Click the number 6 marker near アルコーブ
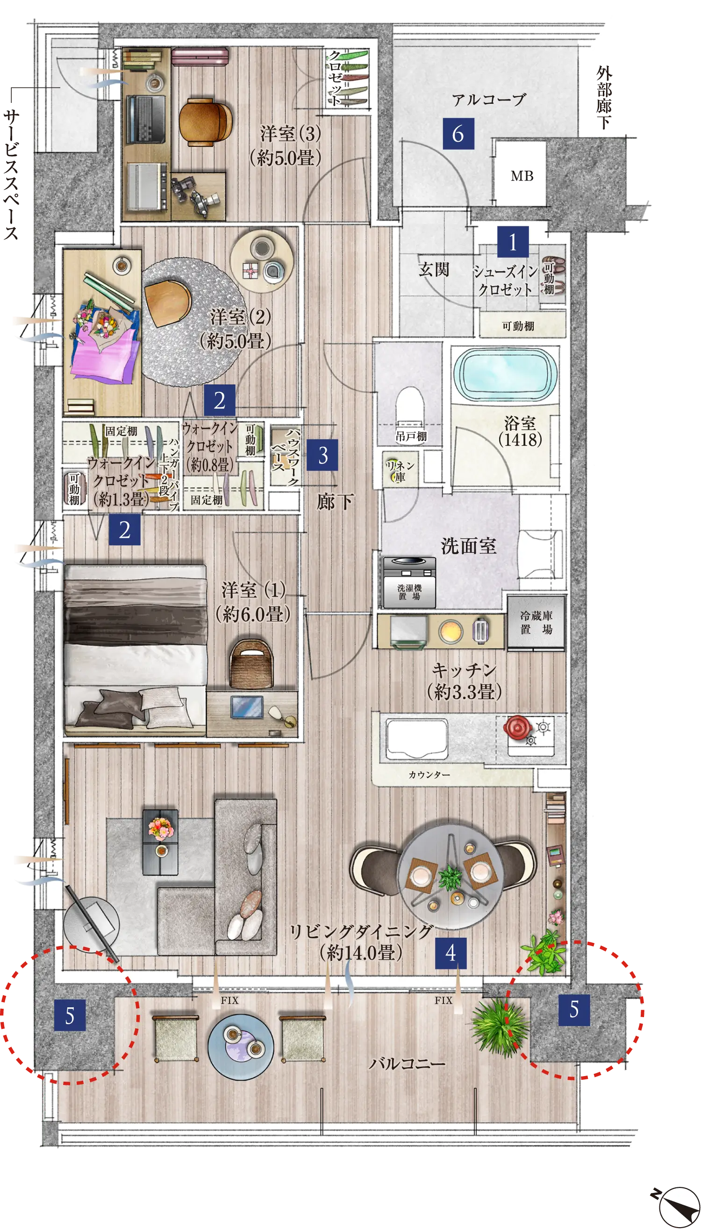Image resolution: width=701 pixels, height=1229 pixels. click(458, 133)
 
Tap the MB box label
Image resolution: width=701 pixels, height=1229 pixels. click(522, 176)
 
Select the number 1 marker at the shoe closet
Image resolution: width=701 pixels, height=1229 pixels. click(513, 242)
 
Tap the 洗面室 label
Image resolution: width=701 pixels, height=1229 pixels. click(468, 546)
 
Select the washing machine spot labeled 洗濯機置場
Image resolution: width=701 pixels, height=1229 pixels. click(409, 582)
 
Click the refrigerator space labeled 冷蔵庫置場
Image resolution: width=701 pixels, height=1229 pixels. click(536, 622)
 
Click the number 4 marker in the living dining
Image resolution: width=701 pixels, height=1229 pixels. click(451, 953)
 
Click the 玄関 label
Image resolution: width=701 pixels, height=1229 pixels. click(434, 269)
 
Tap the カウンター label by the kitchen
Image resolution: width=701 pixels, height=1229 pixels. click(429, 775)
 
